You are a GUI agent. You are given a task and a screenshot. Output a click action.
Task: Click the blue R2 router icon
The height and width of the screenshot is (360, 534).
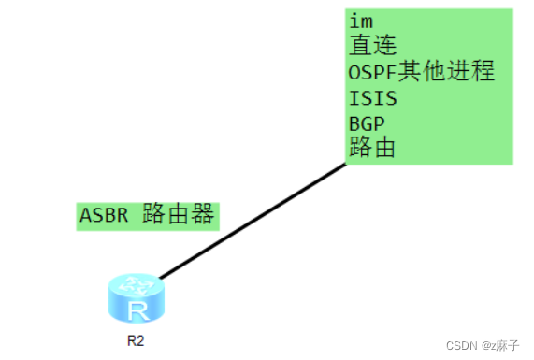pyautogui.click(x=136, y=298)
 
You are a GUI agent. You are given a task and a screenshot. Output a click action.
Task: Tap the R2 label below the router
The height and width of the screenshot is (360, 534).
pyautogui.click(x=136, y=340)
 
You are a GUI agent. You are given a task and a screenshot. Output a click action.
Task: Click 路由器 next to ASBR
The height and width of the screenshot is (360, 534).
pyautogui.click(x=179, y=215)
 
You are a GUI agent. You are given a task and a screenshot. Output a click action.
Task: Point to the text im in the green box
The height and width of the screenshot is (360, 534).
pyautogui.click(x=359, y=21)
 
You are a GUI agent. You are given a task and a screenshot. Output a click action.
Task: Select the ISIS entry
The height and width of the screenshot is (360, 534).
pyautogui.click(x=372, y=97)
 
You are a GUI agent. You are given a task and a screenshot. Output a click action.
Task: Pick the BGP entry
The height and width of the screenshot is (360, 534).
pyautogui.click(x=366, y=122)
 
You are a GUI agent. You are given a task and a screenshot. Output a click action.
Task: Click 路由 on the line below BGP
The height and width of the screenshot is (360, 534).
pyautogui.click(x=372, y=147)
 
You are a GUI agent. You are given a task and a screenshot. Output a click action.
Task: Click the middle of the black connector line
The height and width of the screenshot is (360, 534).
pyautogui.click(x=253, y=221)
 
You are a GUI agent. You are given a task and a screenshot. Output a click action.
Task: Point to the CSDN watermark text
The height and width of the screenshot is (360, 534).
pyautogui.click(x=462, y=345)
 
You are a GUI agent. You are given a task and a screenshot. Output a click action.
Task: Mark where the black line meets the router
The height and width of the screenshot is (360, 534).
pyautogui.click(x=161, y=278)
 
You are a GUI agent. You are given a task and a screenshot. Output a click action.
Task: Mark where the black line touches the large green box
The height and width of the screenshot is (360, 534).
pyautogui.click(x=345, y=164)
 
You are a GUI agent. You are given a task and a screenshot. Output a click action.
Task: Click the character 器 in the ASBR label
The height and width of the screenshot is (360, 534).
pyautogui.click(x=203, y=215)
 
